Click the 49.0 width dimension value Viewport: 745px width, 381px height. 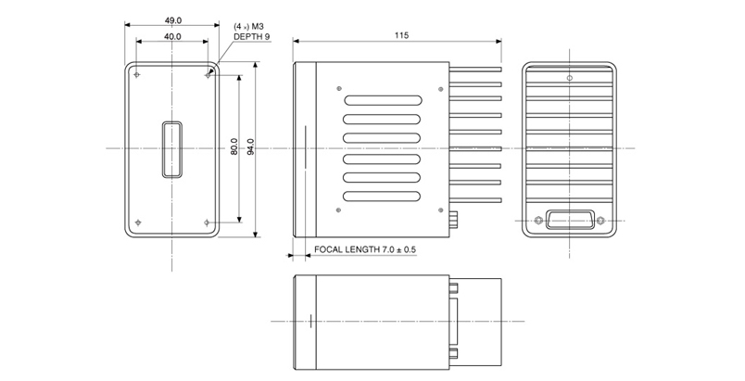172,19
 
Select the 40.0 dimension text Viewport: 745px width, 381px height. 172,36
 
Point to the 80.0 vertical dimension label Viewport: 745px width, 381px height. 234,147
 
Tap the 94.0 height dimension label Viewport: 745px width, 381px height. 250,147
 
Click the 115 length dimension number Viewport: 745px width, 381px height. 400,34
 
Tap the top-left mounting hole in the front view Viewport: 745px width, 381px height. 137,74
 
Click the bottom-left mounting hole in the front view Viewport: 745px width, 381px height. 137,222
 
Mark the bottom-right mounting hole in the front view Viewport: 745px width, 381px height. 208,222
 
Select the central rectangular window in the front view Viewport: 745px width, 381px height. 172,148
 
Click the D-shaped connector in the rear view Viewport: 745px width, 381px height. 569,220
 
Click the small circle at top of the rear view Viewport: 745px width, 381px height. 569,77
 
